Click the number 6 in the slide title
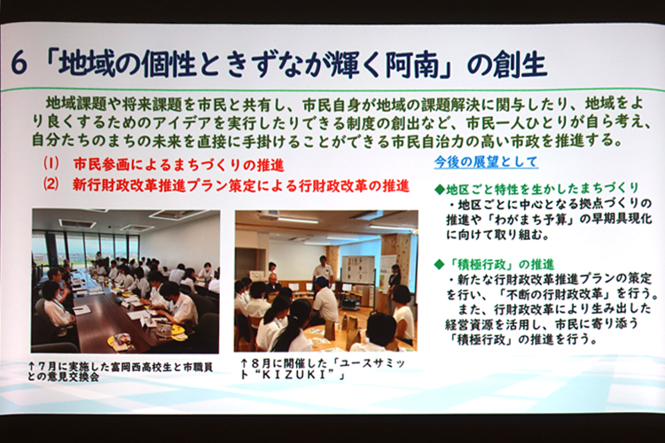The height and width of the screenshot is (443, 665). pyautogui.click(x=20, y=65)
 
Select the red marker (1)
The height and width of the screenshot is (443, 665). pyautogui.click(x=51, y=164)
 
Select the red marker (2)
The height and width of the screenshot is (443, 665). pyautogui.click(x=51, y=185)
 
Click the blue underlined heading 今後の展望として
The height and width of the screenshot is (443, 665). pyautogui.click(x=486, y=162)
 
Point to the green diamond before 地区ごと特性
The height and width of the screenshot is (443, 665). pyautogui.click(x=440, y=190)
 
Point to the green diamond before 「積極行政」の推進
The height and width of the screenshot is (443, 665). pyautogui.click(x=440, y=266)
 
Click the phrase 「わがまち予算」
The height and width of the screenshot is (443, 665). pyautogui.click(x=528, y=219)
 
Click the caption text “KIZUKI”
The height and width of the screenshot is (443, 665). pyautogui.click(x=296, y=376)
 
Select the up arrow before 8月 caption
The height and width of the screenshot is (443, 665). pyautogui.click(x=244, y=364)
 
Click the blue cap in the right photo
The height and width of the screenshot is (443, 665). pyautogui.click(x=322, y=281)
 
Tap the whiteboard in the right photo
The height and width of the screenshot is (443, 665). pyautogui.click(x=358, y=270)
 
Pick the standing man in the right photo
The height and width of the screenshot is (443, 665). pyautogui.click(x=323, y=271)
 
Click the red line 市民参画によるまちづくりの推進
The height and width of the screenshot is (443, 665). pyautogui.click(x=178, y=164)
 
